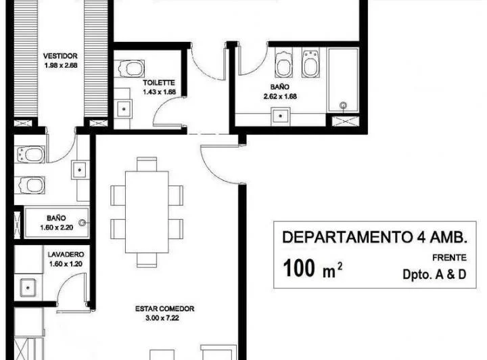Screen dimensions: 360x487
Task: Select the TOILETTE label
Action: point(159,82)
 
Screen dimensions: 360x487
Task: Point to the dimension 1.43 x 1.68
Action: point(159,91)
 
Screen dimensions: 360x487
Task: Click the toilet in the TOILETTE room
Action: point(127,68)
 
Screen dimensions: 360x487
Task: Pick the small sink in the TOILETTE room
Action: point(123,108)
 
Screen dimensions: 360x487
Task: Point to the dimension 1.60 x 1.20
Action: point(65,264)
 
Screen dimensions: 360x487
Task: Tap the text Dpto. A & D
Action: point(434,274)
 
